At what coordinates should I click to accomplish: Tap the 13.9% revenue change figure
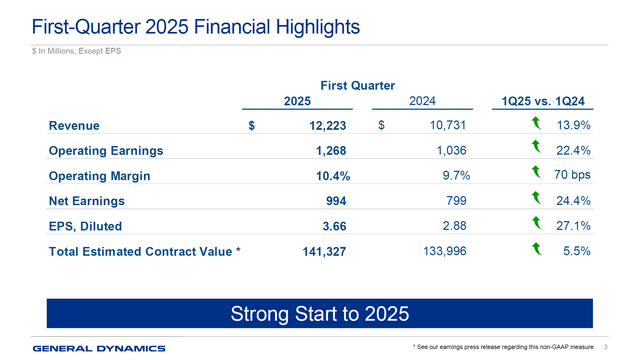click(x=572, y=125)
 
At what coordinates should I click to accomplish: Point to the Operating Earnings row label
click(x=105, y=152)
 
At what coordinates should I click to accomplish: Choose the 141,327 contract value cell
click(x=323, y=253)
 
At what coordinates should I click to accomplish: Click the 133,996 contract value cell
click(x=441, y=251)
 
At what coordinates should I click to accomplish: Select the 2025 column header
click(x=298, y=101)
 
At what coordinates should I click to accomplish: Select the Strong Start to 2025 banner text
click(x=320, y=313)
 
